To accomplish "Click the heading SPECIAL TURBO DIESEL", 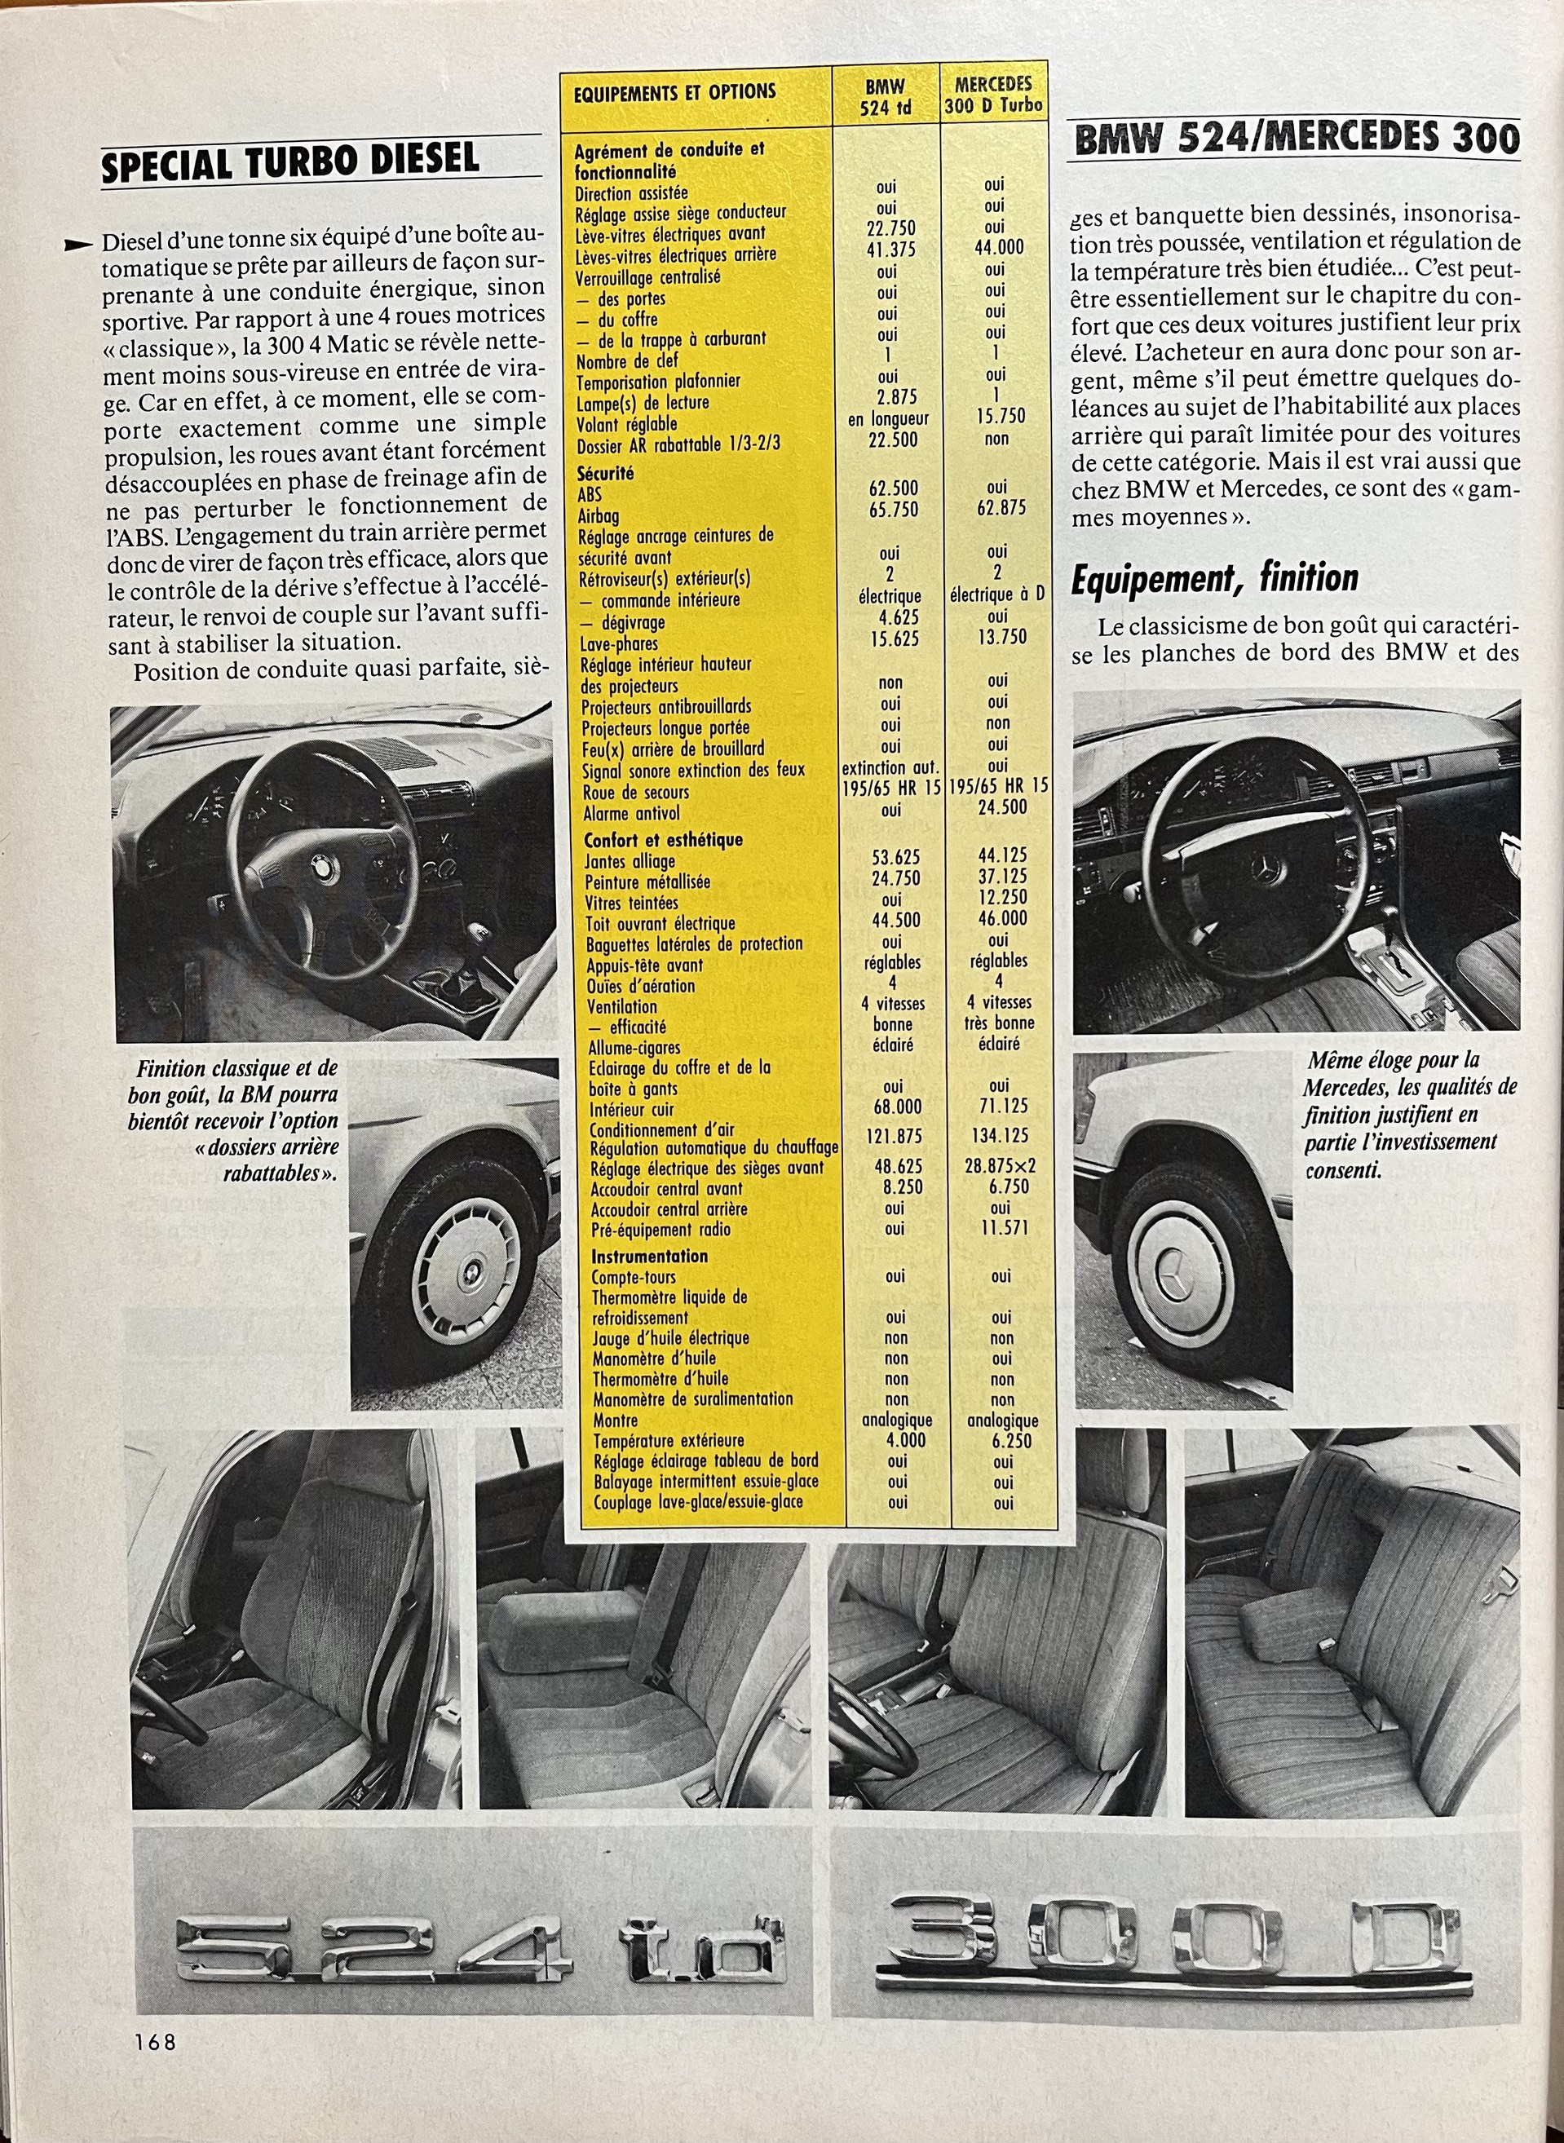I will (289, 161).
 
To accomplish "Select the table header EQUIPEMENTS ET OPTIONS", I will (674, 93).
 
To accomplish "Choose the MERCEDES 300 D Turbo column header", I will (993, 95).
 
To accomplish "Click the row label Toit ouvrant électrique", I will (659, 923).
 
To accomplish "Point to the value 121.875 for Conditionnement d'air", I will (894, 1136).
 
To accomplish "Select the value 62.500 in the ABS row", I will (894, 489).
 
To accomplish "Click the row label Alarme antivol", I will (631, 813).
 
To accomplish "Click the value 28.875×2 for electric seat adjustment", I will (1000, 1166).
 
